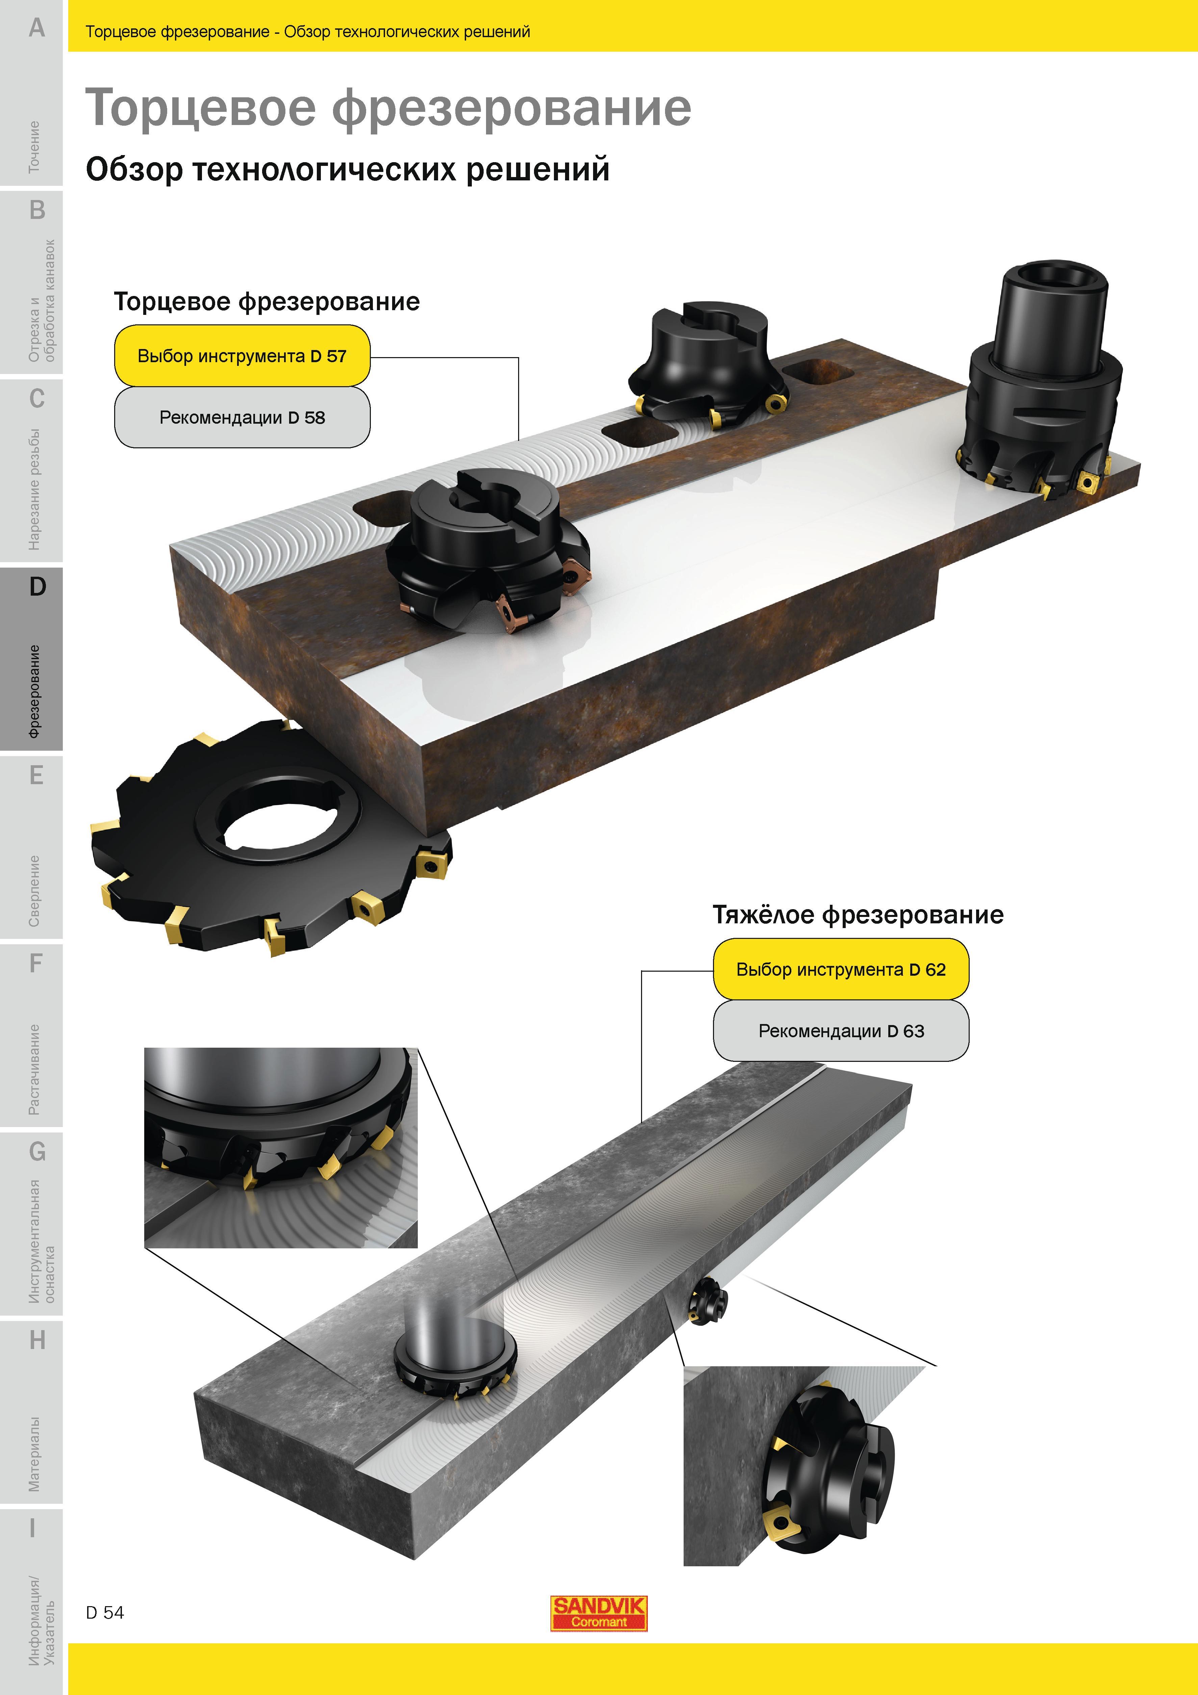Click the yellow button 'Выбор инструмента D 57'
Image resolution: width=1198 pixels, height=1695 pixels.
tap(242, 356)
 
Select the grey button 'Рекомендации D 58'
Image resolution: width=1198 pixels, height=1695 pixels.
tap(242, 417)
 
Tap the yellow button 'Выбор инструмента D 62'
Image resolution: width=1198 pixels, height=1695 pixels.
tap(841, 969)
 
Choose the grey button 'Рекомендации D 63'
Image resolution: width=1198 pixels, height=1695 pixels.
tap(841, 1030)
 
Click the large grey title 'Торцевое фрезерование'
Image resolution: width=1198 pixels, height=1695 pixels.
tap(388, 108)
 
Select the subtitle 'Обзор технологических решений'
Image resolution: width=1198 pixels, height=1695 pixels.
tap(348, 169)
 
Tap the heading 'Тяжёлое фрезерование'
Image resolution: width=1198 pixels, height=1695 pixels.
tap(858, 915)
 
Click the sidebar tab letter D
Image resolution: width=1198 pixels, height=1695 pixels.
tap(37, 587)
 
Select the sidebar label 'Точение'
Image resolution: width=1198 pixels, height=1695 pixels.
tap(34, 147)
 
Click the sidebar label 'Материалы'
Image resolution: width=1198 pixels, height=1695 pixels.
tap(34, 1453)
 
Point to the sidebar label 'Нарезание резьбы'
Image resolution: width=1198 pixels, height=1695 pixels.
tap(34, 490)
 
